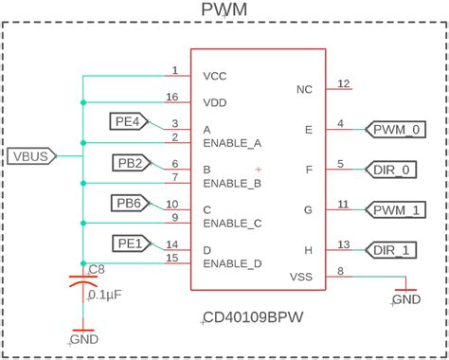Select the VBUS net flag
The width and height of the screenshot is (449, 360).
(32, 154)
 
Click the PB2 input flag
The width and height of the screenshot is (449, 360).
(130, 163)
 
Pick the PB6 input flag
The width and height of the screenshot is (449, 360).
(130, 203)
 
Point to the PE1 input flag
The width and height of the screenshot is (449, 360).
(130, 243)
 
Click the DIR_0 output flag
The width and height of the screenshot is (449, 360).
(392, 169)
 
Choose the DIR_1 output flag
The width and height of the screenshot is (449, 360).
(392, 249)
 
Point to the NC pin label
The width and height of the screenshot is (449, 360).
(304, 90)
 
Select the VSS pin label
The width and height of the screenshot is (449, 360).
(300, 277)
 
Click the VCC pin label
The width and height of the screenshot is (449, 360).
(215, 76)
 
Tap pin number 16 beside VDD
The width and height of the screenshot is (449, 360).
(171, 97)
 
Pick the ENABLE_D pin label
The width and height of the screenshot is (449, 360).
(232, 262)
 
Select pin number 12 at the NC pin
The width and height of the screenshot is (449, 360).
(344, 83)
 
